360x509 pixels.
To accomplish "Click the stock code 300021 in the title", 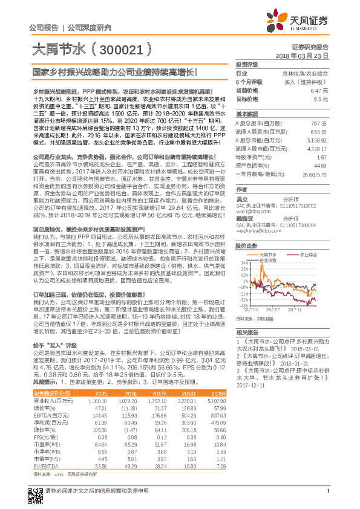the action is (x=121, y=49).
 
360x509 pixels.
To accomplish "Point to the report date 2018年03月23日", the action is (x=306, y=55).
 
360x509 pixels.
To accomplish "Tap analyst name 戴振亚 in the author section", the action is (x=244, y=218).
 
